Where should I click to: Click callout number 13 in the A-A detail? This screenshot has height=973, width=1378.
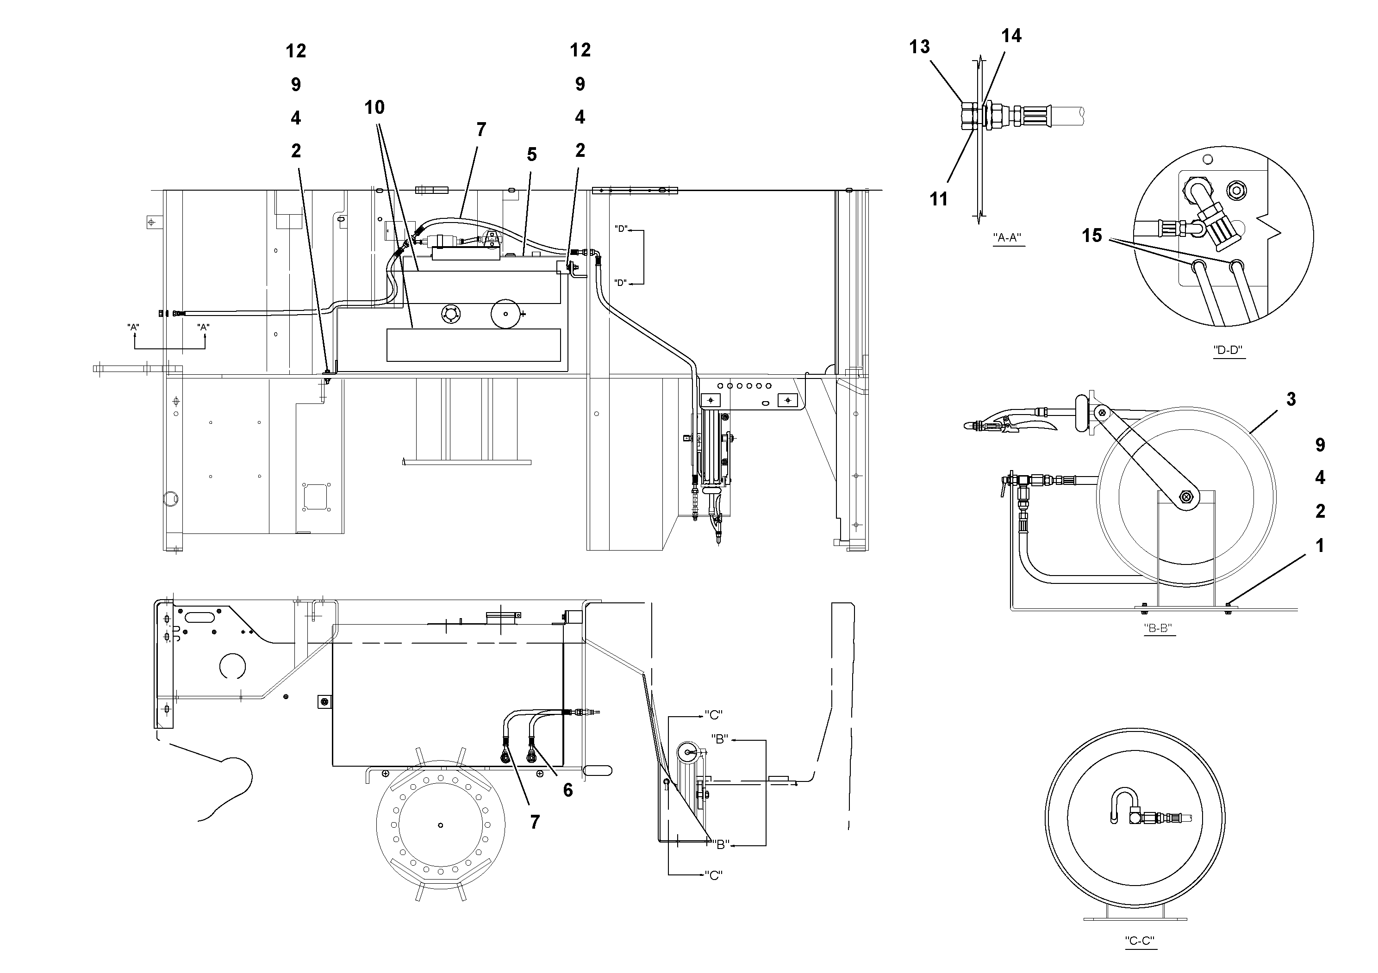[x=919, y=47]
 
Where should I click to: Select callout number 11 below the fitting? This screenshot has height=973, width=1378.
[x=938, y=198]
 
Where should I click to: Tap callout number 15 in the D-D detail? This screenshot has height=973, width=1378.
[x=1092, y=235]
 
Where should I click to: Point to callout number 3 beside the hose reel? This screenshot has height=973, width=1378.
[x=1291, y=399]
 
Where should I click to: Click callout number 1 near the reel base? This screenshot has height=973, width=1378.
[x=1319, y=545]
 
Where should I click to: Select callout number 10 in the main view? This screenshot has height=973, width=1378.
[x=374, y=107]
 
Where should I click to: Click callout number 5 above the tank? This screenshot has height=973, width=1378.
[x=531, y=155]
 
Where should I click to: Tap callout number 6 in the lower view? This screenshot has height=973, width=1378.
[x=567, y=791]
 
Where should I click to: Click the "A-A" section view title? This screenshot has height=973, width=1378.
[x=1007, y=237]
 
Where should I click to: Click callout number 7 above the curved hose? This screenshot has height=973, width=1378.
[x=481, y=130]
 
